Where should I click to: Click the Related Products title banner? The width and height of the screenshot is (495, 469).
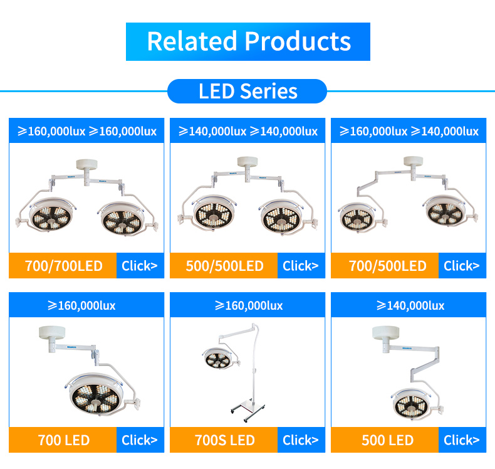pyautogui.click(x=248, y=41)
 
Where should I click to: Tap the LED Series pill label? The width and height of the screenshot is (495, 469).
pyautogui.click(x=247, y=92)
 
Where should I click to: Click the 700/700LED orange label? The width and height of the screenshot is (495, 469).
pyautogui.click(x=63, y=266)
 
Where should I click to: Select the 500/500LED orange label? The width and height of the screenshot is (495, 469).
pyautogui.click(x=224, y=266)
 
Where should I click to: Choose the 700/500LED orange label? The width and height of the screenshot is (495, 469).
pyautogui.click(x=385, y=266)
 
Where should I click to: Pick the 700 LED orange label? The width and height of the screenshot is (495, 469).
pyautogui.click(x=63, y=440)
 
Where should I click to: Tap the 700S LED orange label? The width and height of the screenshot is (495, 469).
pyautogui.click(x=224, y=440)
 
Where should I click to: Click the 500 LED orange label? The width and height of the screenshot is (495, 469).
pyautogui.click(x=385, y=440)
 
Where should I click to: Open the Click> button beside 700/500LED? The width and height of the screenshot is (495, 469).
pyautogui.click(x=462, y=266)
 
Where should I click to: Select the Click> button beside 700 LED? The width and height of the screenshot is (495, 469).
pyautogui.click(x=140, y=440)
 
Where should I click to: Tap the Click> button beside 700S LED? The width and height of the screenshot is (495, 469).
pyautogui.click(x=301, y=440)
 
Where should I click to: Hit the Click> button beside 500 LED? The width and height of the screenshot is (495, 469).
pyautogui.click(x=462, y=440)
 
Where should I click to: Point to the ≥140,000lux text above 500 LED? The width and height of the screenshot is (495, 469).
pyautogui.click(x=410, y=305)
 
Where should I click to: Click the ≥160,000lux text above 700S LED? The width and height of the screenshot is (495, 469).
pyautogui.click(x=249, y=305)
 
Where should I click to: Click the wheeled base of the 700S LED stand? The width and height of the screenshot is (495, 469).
pyautogui.click(x=248, y=410)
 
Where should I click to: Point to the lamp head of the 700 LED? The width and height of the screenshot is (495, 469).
pyautogui.click(x=94, y=394)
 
